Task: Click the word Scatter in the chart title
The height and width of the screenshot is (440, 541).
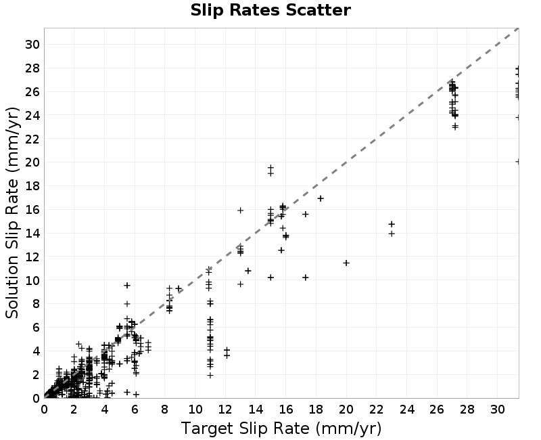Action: [x=318, y=10]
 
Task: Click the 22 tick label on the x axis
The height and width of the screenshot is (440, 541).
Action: [x=376, y=410]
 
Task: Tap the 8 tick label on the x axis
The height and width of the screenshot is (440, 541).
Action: [x=164, y=410]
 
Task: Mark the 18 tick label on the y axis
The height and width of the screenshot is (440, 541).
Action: [x=32, y=186]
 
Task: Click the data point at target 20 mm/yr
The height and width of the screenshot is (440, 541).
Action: [x=346, y=263]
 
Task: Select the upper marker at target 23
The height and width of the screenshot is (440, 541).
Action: [x=392, y=224]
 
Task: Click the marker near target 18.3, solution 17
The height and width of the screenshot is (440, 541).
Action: [x=321, y=198]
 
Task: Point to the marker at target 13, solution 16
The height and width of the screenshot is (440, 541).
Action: [x=241, y=210]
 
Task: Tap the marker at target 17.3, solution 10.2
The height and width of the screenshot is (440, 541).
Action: [x=306, y=278]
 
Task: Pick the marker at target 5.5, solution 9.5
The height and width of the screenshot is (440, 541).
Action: [x=127, y=285]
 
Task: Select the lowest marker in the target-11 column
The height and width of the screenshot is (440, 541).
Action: [x=210, y=375]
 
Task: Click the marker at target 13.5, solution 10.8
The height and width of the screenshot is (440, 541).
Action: [x=248, y=271]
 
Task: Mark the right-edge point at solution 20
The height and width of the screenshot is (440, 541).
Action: [x=517, y=161]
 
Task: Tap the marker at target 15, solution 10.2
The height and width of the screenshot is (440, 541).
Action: [x=270, y=278]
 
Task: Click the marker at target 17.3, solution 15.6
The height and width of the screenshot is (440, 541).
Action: [x=306, y=214]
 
